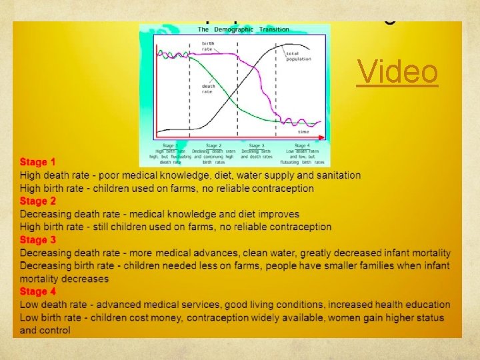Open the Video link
click(x=397, y=73)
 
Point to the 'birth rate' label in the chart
click(x=208, y=46)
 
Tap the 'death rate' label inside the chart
click(x=207, y=88)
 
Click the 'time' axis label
click(x=303, y=132)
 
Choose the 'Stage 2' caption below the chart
click(x=213, y=145)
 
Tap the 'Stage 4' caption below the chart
click(x=301, y=145)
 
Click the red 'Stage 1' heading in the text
click(x=38, y=162)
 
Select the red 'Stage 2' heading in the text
click(x=38, y=201)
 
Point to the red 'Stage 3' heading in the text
click(x=38, y=240)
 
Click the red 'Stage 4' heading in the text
click(x=38, y=292)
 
